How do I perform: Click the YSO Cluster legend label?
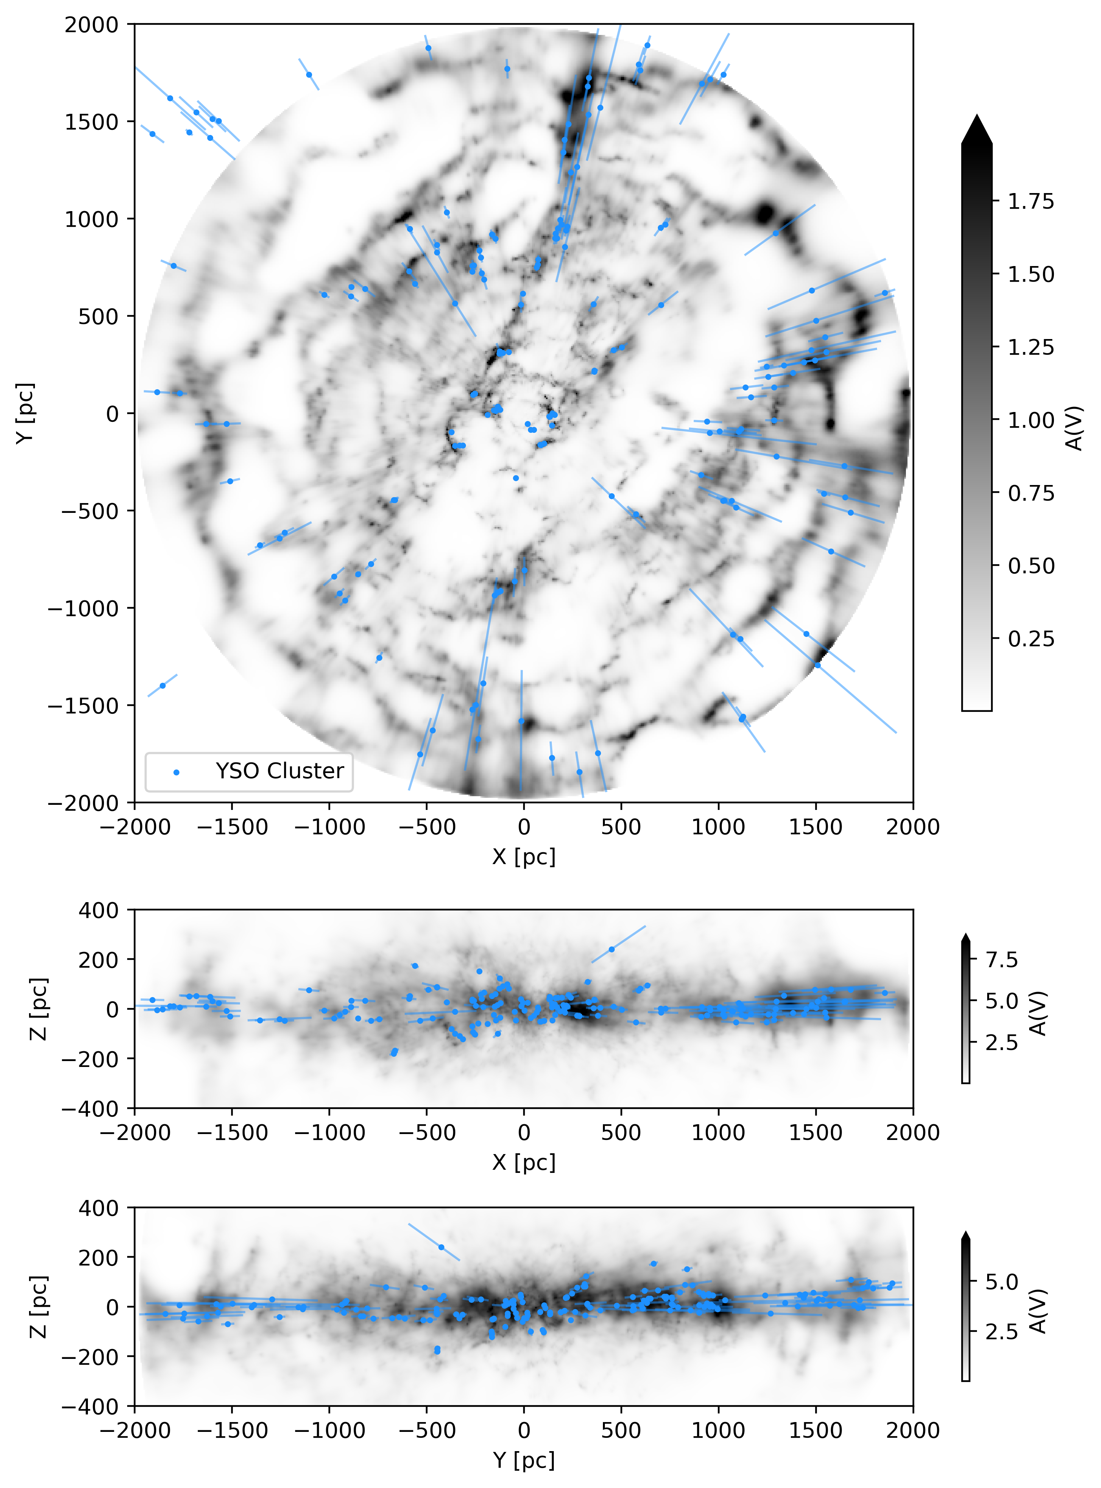click(279, 771)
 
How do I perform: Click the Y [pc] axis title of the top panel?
click(26, 413)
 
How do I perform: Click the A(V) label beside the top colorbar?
click(1074, 428)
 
